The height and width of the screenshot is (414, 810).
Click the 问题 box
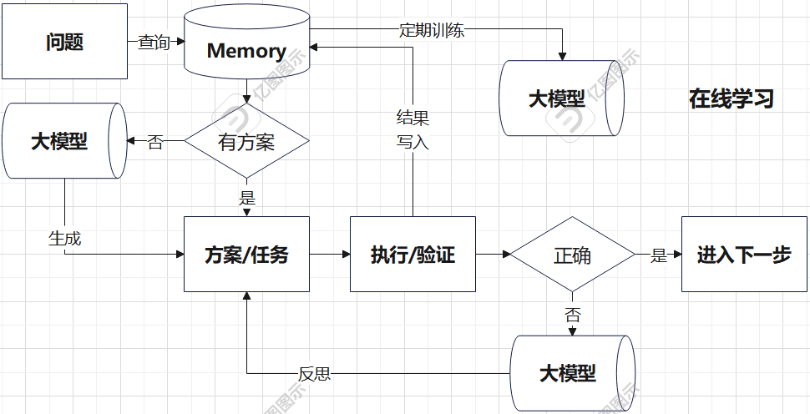[x=64, y=41]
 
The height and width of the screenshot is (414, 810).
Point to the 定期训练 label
[x=432, y=29]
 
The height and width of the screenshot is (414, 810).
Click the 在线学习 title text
[x=731, y=98]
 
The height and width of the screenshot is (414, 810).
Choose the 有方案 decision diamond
[x=247, y=140]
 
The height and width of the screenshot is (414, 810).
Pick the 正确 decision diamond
[x=572, y=254]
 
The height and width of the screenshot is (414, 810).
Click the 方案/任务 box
[x=247, y=254]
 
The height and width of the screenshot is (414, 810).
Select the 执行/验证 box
[x=413, y=254]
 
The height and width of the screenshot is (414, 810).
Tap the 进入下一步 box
[x=744, y=254]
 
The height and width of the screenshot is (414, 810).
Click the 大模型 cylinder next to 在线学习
[x=561, y=98]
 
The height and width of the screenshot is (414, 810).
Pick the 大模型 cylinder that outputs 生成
[x=64, y=140]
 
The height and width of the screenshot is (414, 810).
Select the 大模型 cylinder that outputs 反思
[x=572, y=373]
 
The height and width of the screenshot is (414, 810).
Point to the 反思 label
[x=314, y=374]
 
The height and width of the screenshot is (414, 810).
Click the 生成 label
[x=64, y=238]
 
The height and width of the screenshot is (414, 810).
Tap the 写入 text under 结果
[x=413, y=141]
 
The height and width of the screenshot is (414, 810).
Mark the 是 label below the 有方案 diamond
[x=247, y=197]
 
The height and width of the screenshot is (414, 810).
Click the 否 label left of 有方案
[x=155, y=141]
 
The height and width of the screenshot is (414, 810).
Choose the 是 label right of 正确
[x=659, y=255]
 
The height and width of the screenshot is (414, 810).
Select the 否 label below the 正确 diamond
[x=572, y=315]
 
